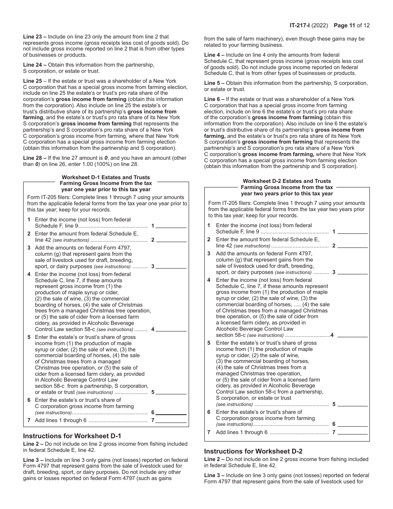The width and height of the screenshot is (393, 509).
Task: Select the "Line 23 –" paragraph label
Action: [35, 37]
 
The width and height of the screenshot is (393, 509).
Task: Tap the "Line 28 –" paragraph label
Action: [35, 158]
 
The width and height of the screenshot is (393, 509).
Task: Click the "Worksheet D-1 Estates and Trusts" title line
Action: [106, 177]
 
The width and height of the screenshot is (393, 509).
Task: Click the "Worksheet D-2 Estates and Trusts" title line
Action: [287, 181]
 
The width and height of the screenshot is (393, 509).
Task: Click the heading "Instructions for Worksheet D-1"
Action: [72, 436]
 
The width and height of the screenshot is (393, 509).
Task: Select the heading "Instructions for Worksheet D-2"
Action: [253, 451]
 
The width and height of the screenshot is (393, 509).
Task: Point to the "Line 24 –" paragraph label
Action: [35, 65]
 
